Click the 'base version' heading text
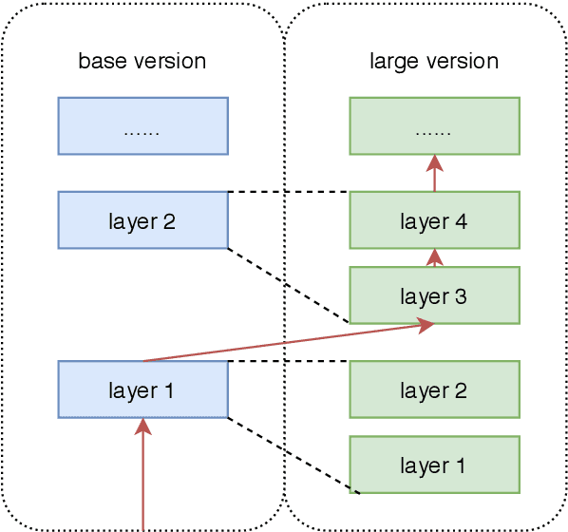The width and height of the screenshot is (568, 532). pyautogui.click(x=142, y=62)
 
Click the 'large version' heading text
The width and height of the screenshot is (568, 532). pyautogui.click(x=433, y=62)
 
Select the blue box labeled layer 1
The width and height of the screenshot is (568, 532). pyautogui.click(x=142, y=389)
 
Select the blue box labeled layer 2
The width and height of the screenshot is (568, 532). pyautogui.click(x=142, y=220)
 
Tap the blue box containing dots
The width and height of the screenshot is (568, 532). pyautogui.click(x=142, y=125)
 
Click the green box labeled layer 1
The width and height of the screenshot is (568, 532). pyautogui.click(x=434, y=465)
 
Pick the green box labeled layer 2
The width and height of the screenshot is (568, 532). pyautogui.click(x=434, y=389)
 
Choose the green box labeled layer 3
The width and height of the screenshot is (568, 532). pyautogui.click(x=434, y=295)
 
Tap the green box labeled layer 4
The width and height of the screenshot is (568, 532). pyautogui.click(x=434, y=220)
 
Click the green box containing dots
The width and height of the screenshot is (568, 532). pyautogui.click(x=434, y=125)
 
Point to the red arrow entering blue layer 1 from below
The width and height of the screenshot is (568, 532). pyautogui.click(x=143, y=475)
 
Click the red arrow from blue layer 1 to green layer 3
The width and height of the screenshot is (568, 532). pyautogui.click(x=285, y=343)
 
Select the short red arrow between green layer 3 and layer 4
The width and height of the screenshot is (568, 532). pyautogui.click(x=435, y=257)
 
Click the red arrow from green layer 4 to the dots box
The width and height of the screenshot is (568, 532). pyautogui.click(x=435, y=173)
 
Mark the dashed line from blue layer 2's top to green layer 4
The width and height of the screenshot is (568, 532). pyautogui.click(x=289, y=192)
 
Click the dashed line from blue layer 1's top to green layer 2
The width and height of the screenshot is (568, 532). pyautogui.click(x=289, y=361)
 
